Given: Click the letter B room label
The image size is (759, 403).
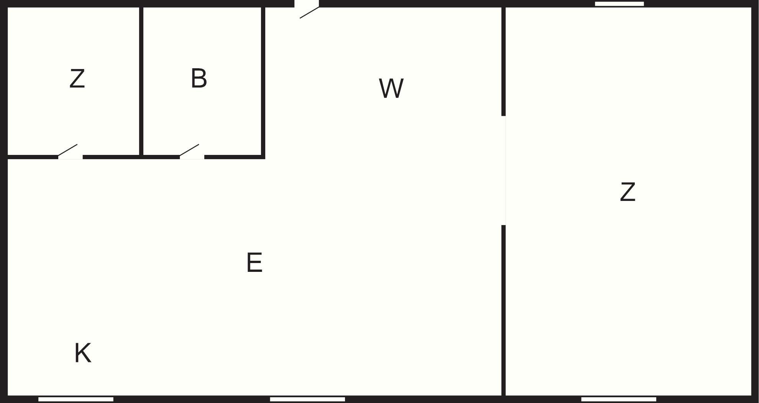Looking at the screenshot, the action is coord(199,78).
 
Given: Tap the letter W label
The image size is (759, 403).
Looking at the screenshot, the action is coord(391,88).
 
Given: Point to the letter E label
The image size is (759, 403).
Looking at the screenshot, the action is coord(255,262).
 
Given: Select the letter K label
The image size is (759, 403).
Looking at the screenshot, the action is coord(83,353).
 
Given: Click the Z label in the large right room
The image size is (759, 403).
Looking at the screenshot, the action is coord(628,192).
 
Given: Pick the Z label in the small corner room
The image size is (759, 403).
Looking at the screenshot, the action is coord(77,79).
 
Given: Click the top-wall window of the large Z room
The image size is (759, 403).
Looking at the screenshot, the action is coord(619,4).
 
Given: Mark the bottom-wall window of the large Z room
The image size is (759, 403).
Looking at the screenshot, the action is coord(619,399).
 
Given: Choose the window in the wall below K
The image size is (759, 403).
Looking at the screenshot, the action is coord(76,399).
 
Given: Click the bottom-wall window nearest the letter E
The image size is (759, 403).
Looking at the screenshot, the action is coord(307,399).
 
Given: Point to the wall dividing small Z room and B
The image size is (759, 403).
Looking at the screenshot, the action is coord(141,81).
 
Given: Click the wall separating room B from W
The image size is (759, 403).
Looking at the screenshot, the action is coord(263,81).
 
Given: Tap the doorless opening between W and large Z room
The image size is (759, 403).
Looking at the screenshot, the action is coord(503,170).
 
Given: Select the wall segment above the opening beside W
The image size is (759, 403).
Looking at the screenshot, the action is coord(503,61).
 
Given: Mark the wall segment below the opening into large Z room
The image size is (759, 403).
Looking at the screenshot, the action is coord(503,310).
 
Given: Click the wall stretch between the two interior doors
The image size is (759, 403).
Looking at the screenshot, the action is coord(131,157).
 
